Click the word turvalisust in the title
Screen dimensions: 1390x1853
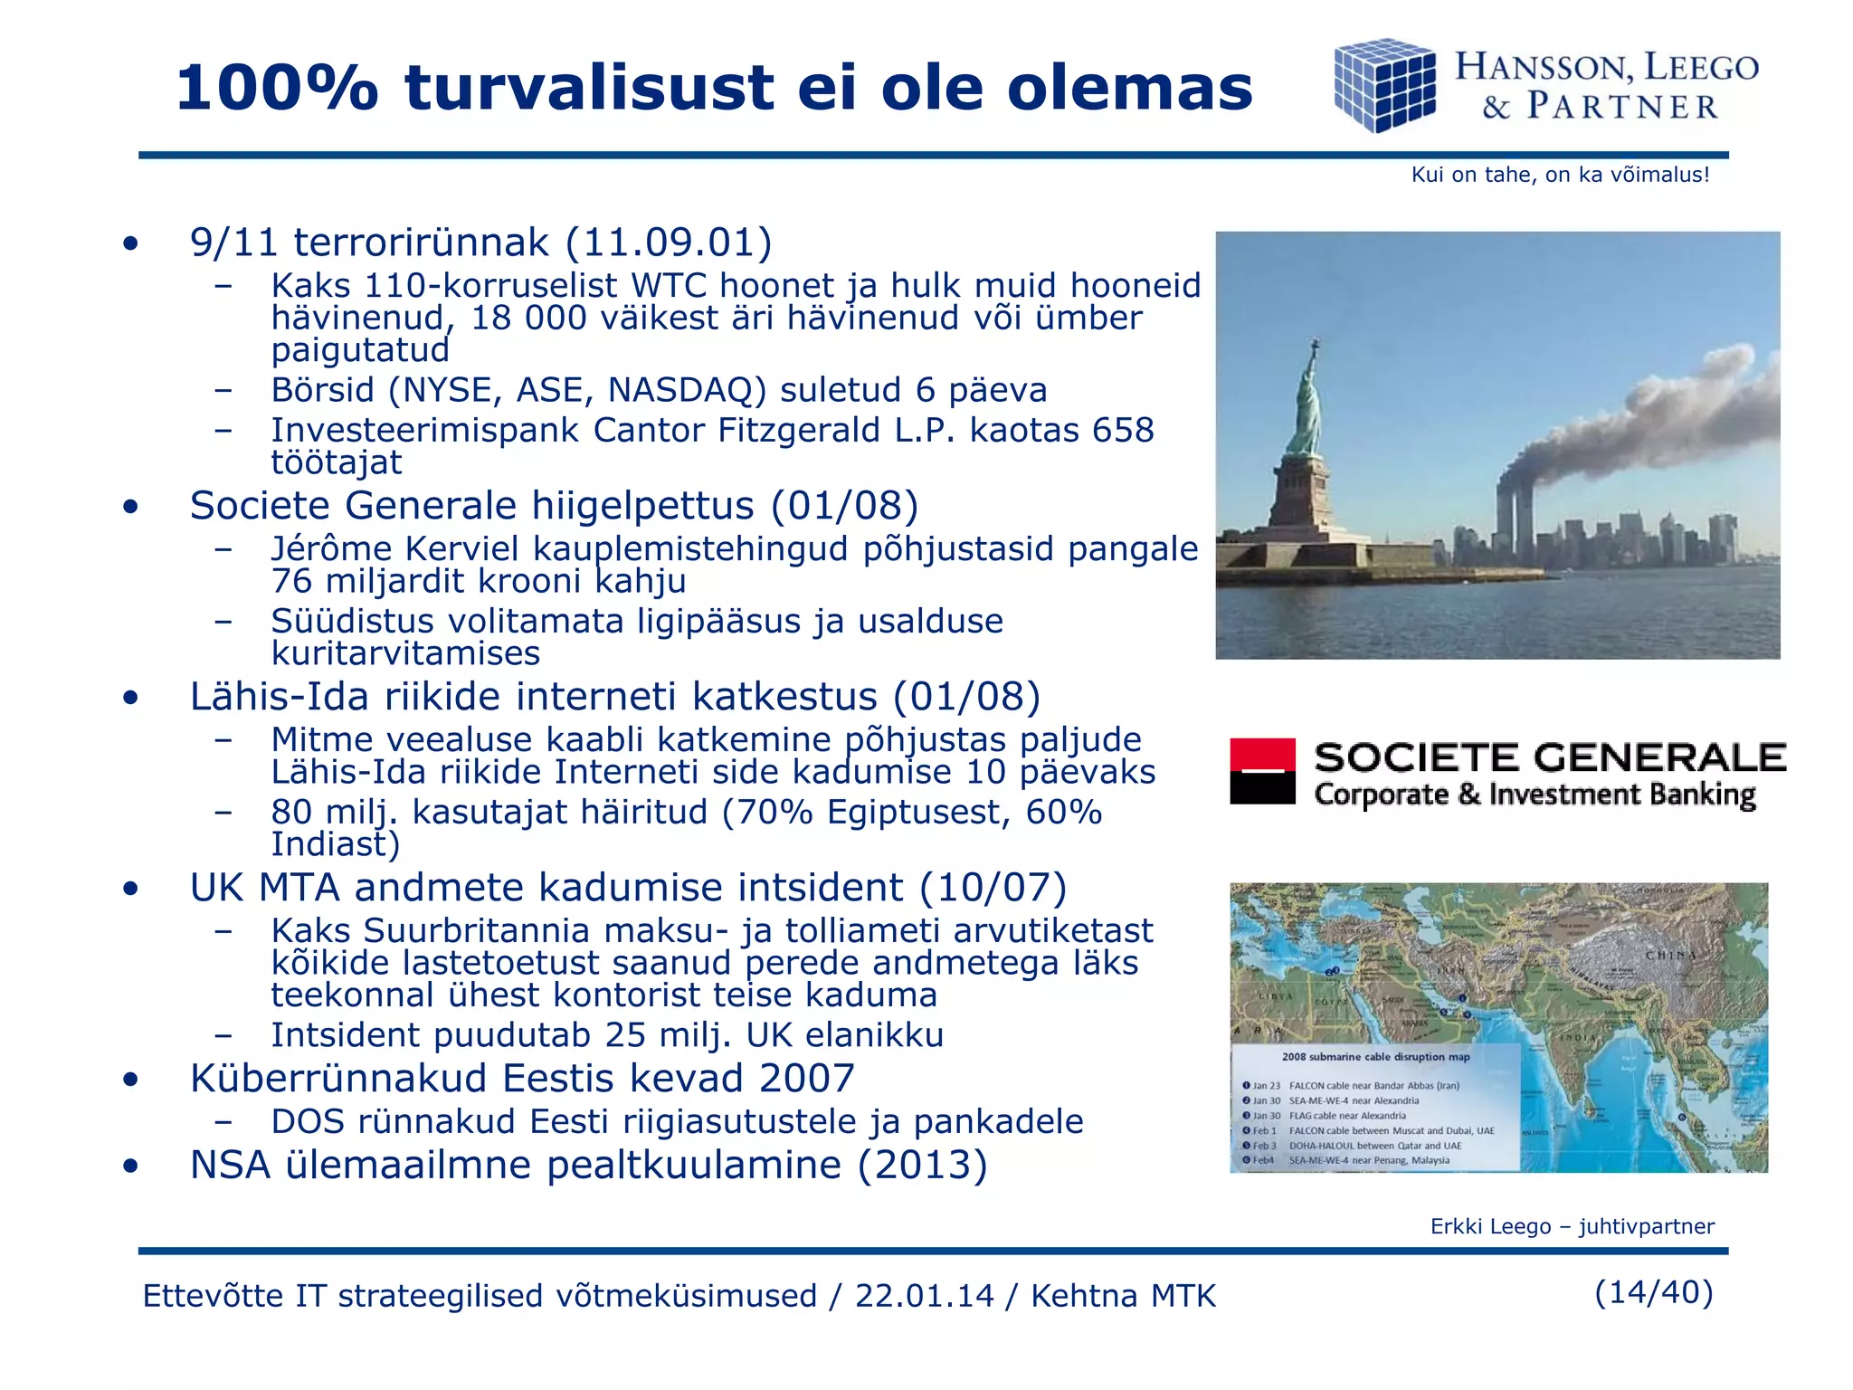589,89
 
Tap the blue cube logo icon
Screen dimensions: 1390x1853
1384,85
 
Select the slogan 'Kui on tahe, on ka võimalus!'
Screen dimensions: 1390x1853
1560,175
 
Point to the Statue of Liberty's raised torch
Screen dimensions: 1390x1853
1316,346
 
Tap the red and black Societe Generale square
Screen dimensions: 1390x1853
1262,771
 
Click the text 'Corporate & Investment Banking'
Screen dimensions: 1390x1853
1535,795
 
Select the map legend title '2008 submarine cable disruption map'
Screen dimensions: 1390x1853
1375,1056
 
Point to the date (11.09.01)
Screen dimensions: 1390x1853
669,243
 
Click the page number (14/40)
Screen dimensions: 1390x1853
1653,1292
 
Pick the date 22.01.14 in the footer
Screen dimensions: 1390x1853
924,1296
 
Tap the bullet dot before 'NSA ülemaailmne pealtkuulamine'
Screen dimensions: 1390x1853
132,1166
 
